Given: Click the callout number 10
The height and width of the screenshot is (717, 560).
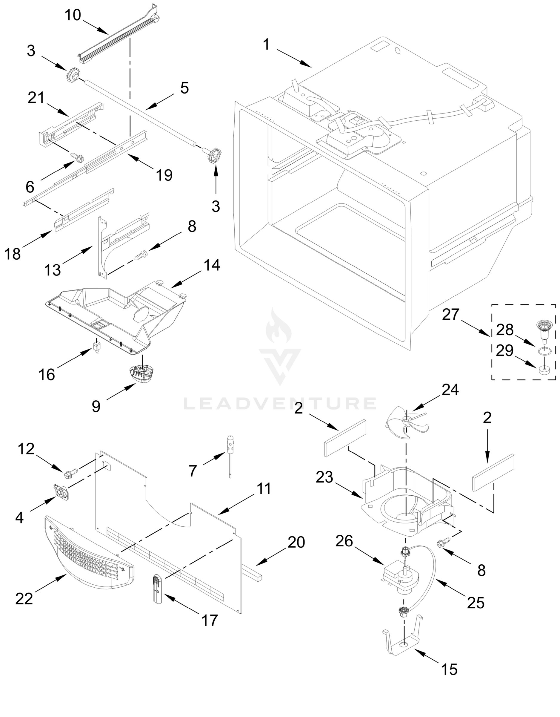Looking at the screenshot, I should click(x=73, y=15).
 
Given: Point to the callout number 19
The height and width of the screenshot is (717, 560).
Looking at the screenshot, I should click(x=164, y=175).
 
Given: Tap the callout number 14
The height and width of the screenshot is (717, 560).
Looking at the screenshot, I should click(x=212, y=265).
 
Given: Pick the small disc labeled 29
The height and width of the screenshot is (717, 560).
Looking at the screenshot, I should click(x=544, y=370).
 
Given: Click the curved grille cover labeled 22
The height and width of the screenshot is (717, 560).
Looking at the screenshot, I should click(x=89, y=555).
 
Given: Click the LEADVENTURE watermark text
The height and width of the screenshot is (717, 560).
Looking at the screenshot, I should click(x=280, y=404).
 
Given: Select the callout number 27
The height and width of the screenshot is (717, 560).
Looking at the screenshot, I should click(x=450, y=315).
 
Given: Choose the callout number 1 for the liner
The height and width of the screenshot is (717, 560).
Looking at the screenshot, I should click(x=266, y=45).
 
